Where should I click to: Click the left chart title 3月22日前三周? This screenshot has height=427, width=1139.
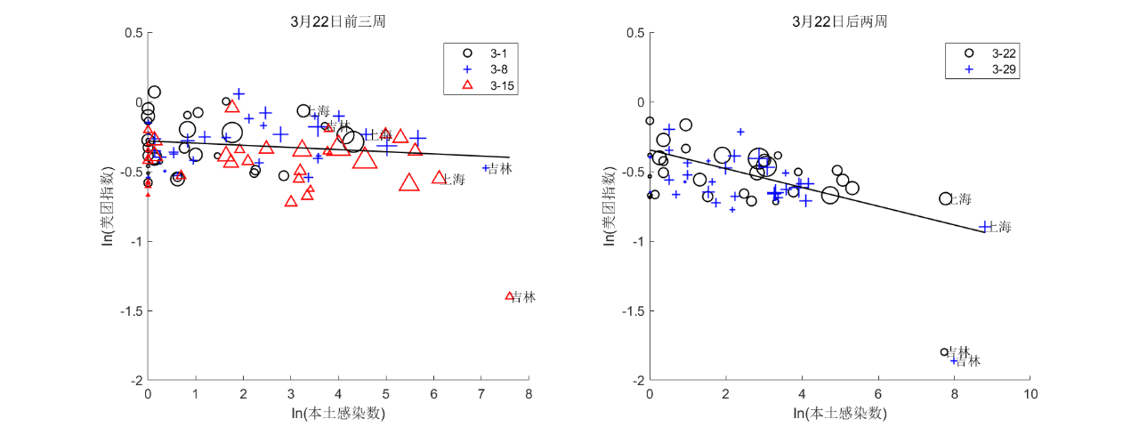[x=337, y=21]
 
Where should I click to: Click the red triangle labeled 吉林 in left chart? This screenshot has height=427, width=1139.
[x=510, y=295]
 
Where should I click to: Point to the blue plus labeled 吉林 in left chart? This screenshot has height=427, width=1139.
[x=487, y=167]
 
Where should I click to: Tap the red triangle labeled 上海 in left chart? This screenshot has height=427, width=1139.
[x=439, y=178]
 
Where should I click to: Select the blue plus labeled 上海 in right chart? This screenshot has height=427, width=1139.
[x=985, y=226]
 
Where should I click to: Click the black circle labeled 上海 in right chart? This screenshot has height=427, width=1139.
[x=946, y=198]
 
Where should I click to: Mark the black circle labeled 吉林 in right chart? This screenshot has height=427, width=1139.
[x=944, y=352]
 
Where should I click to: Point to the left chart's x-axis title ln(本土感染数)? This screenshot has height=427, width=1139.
[x=337, y=414]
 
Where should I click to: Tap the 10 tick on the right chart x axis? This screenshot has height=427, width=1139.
[x=1030, y=394]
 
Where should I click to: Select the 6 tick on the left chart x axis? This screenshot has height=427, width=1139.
[x=433, y=394]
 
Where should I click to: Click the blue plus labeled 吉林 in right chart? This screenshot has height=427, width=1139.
[x=954, y=360]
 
